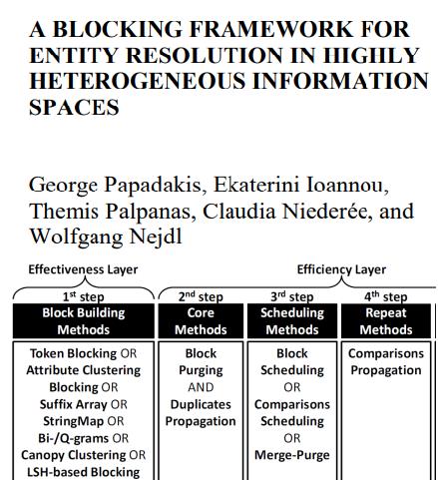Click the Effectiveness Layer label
(83, 269)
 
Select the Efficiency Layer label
(341, 269)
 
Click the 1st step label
(83, 296)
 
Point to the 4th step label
(385, 296)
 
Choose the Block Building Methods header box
(83, 320)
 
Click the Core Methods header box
(200, 320)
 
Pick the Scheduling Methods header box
(292, 320)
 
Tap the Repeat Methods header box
(385, 320)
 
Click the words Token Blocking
(83, 353)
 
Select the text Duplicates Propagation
(200, 413)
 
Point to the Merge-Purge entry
(292, 455)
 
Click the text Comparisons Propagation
(385, 362)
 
